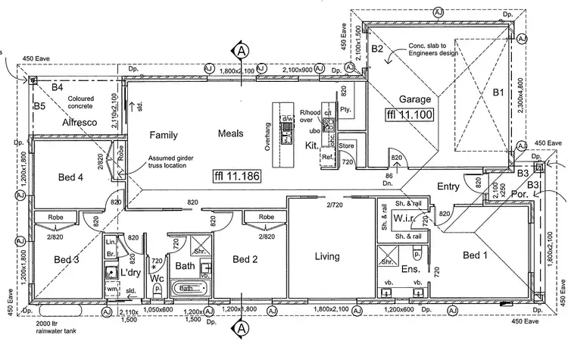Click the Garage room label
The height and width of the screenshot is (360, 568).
(415, 99)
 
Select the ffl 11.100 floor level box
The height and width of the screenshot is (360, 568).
(408, 114)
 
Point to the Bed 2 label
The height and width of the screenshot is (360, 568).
(246, 259)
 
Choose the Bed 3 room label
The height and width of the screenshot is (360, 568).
(67, 259)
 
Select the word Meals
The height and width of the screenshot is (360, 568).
(230, 133)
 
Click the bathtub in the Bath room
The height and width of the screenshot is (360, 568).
(190, 289)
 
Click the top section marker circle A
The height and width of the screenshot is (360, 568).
(242, 50)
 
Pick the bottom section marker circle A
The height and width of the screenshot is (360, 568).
(242, 329)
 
